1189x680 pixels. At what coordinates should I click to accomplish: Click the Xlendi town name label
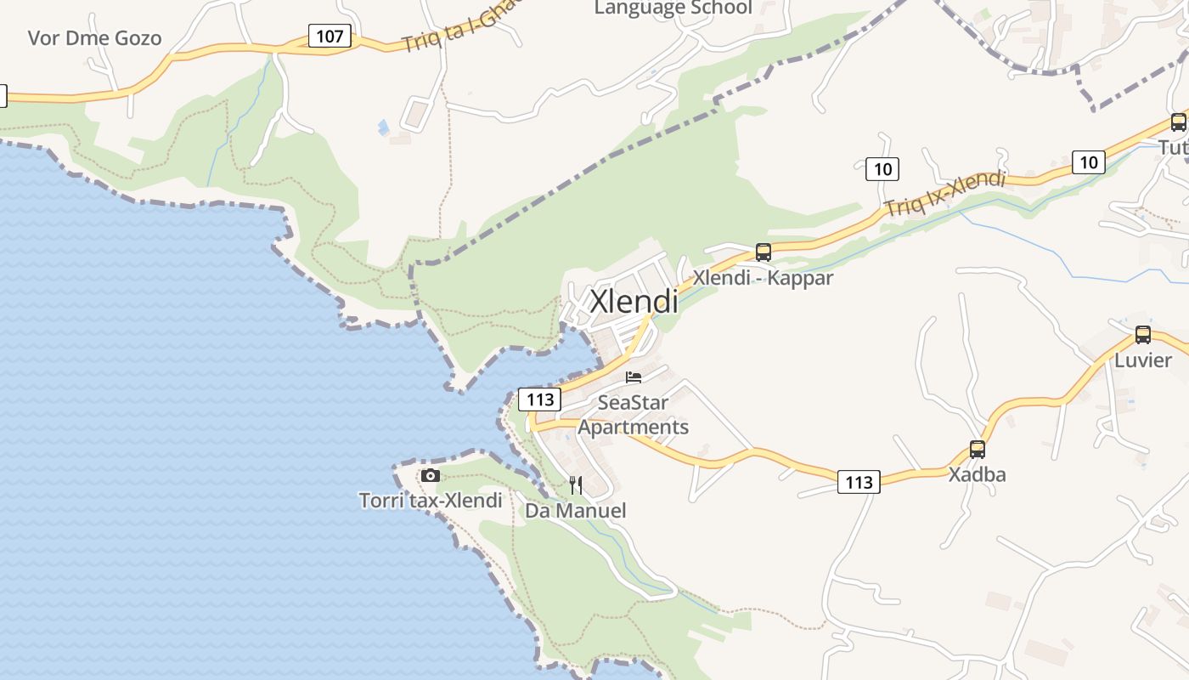click(x=634, y=302)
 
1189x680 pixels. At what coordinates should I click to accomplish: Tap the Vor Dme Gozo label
click(x=94, y=38)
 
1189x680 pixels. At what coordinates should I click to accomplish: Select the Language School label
click(x=673, y=8)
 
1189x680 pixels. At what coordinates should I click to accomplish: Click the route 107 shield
click(x=329, y=37)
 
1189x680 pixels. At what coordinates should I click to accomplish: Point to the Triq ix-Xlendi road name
click(x=944, y=194)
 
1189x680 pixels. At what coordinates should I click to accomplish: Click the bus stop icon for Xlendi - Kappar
click(x=764, y=252)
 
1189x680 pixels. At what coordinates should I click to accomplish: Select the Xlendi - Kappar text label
click(x=763, y=278)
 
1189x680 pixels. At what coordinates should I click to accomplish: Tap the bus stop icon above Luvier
click(x=1143, y=335)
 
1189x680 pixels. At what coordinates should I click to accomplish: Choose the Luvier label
click(x=1143, y=360)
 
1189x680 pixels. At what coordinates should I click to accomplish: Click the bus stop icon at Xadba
click(x=978, y=450)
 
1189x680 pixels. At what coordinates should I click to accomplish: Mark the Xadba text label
click(x=977, y=474)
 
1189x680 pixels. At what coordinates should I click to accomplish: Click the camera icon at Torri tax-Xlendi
click(x=431, y=475)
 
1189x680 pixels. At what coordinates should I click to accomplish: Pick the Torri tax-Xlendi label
click(x=431, y=501)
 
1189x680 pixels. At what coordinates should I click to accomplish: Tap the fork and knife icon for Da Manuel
click(x=576, y=485)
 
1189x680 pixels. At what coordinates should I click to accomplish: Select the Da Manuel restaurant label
click(x=576, y=511)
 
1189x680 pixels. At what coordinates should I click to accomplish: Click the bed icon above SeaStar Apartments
click(x=634, y=377)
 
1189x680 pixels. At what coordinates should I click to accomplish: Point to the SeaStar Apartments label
click(x=634, y=415)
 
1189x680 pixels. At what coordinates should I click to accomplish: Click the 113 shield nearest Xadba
click(x=859, y=483)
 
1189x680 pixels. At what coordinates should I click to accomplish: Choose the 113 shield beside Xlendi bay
click(x=540, y=399)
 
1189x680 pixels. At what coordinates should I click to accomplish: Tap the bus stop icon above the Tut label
click(x=1178, y=122)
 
